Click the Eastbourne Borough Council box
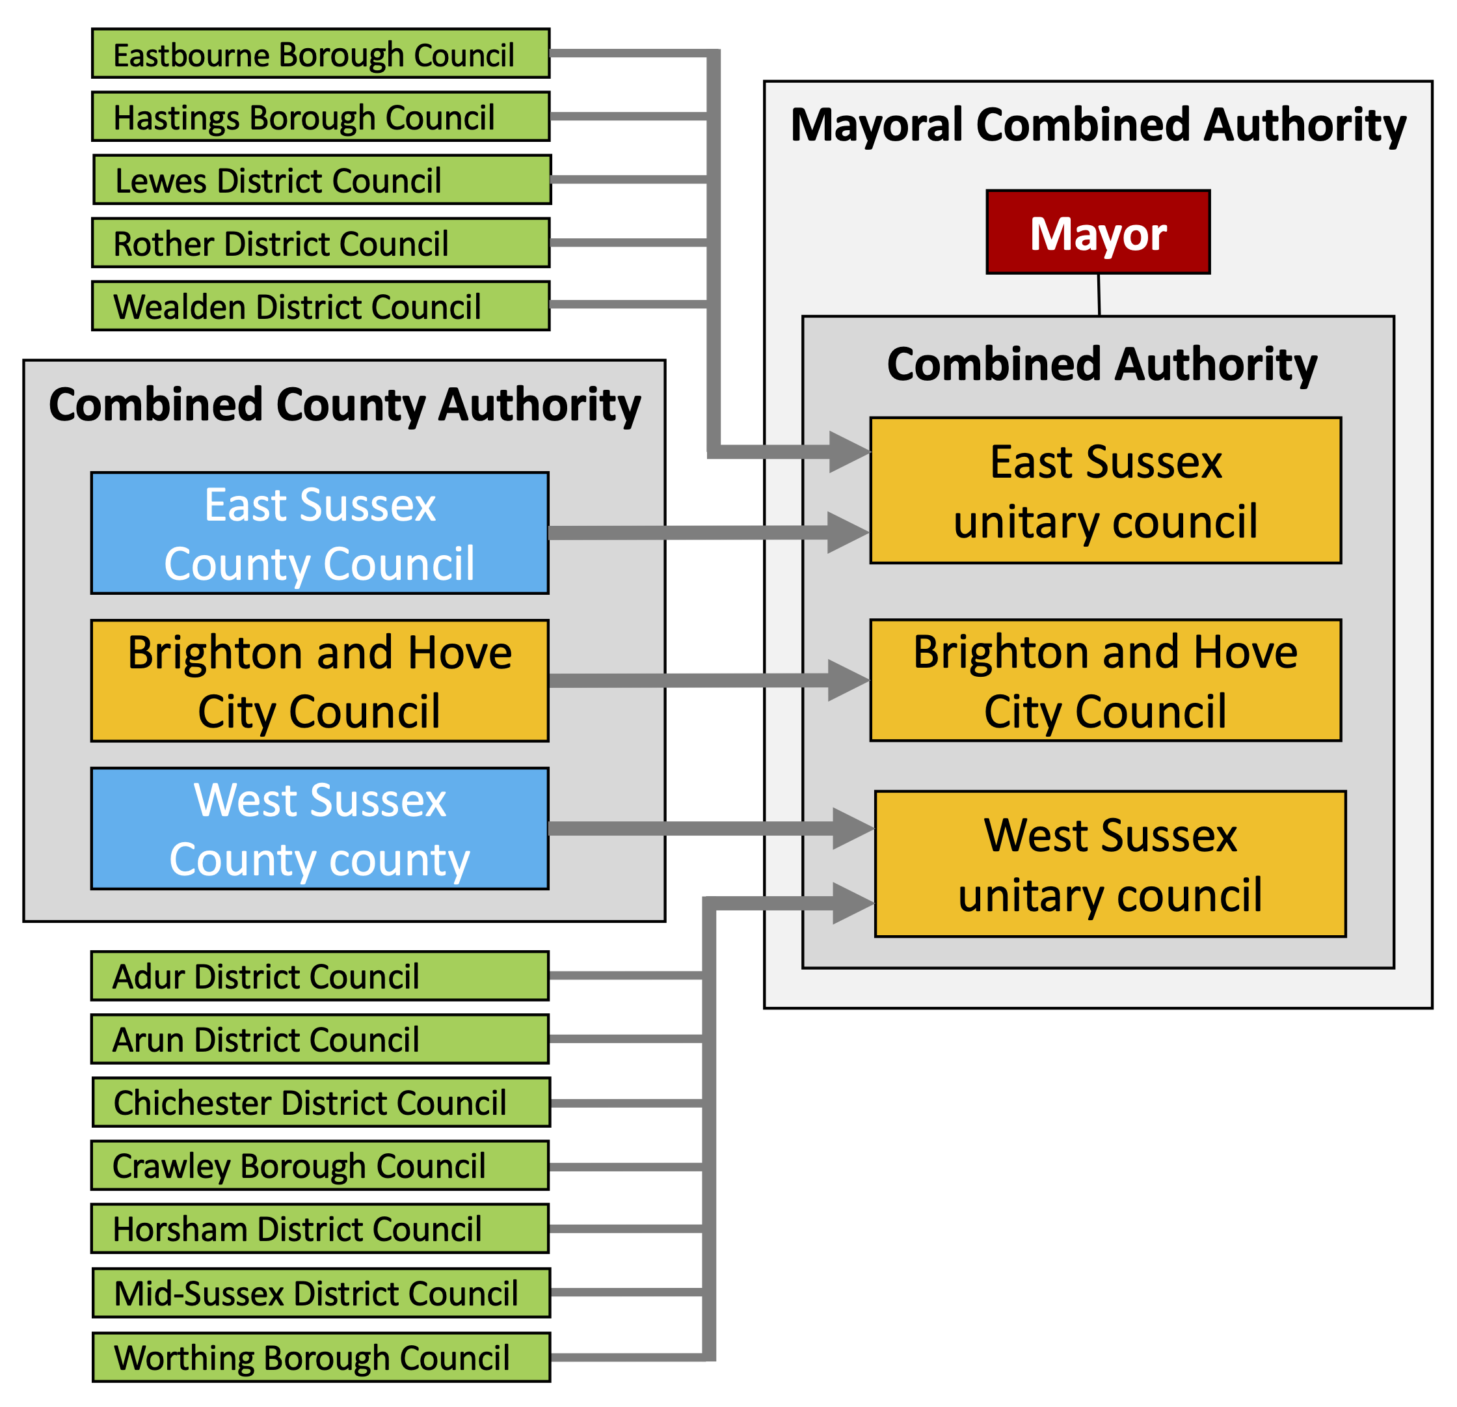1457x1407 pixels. click(321, 53)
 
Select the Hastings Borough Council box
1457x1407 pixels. click(321, 116)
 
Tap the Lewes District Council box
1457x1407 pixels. click(322, 180)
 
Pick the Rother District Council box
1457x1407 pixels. click(321, 243)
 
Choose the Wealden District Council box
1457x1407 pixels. click(321, 306)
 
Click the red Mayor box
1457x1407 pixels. click(1098, 232)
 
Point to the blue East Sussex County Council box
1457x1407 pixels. click(319, 533)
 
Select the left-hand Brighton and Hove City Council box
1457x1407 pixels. click(319, 681)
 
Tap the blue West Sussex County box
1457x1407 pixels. click(319, 828)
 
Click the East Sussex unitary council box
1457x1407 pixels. click(1105, 491)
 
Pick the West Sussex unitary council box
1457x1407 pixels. click(1110, 864)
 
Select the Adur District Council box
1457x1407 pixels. click(319, 976)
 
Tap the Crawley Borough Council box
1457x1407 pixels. click(319, 1166)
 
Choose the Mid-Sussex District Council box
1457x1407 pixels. click(321, 1293)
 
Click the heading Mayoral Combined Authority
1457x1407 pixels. click(1098, 125)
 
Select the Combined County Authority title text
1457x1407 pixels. click(344, 405)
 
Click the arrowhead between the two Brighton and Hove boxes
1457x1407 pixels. click(848, 681)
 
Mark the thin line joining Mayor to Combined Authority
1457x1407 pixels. click(1099, 295)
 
